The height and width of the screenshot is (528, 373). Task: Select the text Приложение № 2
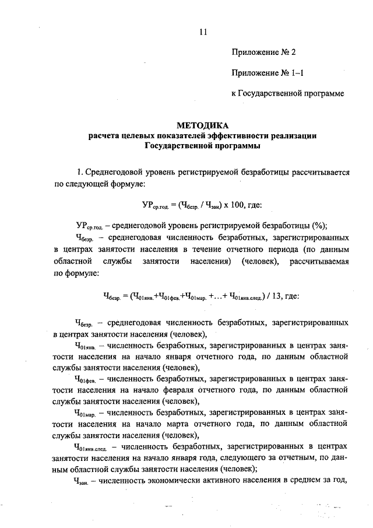[263, 52]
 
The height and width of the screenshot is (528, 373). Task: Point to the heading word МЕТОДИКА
[202, 125]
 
